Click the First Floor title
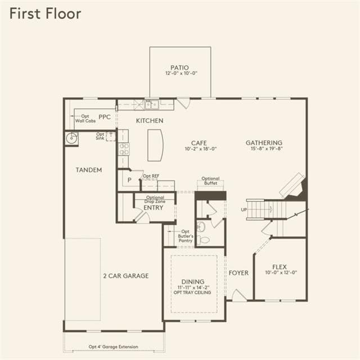point(45,13)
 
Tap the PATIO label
point(179,67)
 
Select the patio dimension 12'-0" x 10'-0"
point(181,73)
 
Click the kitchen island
point(155,145)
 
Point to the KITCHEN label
point(150,120)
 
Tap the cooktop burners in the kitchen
point(124,149)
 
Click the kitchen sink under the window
point(151,105)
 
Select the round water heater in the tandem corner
point(71,138)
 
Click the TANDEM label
point(89,170)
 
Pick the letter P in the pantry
point(129,180)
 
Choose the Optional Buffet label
point(210,181)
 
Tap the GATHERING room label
point(264,143)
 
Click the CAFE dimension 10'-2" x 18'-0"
point(201,148)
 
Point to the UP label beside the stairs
point(244,210)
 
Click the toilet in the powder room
point(204,240)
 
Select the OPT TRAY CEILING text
point(192,292)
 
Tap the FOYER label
point(238,273)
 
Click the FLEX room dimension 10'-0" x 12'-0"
point(281,272)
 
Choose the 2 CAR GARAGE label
point(126,276)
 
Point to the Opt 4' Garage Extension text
point(114,346)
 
